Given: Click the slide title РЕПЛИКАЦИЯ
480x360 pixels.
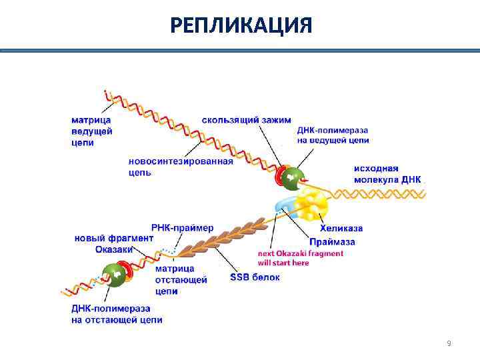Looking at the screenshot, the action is [240, 25].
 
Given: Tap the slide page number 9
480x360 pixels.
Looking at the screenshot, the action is [449, 343].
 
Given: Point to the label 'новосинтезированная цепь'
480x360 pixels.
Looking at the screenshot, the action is [180, 167].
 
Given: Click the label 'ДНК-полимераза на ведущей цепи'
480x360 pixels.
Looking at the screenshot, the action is [333, 135].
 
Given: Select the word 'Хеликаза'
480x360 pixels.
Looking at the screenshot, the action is [341, 229].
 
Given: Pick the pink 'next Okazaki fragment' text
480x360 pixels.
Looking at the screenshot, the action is [301, 258].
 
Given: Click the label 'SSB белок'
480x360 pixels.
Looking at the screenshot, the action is [255, 277].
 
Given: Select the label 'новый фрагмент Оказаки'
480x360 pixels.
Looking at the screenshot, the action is [113, 244].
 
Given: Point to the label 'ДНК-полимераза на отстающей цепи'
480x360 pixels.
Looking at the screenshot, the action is [116, 314].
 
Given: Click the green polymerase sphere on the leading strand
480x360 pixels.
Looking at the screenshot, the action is [292, 178].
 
